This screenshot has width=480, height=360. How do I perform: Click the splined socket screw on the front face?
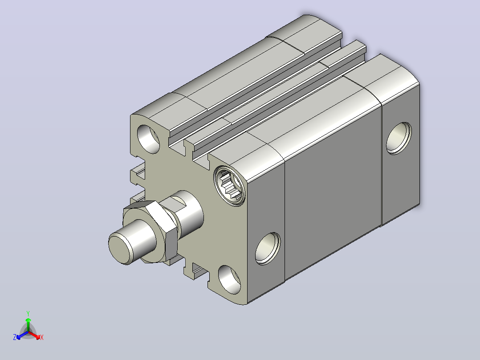point(230,186)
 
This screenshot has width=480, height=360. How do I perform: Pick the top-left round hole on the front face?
point(148,139)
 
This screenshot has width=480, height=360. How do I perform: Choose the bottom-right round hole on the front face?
point(229,280)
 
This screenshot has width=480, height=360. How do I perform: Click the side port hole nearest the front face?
point(268,249)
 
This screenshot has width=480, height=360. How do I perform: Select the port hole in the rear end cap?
point(399,138)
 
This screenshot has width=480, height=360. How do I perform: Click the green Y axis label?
point(28,313)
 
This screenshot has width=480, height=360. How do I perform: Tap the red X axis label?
point(42,337)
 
